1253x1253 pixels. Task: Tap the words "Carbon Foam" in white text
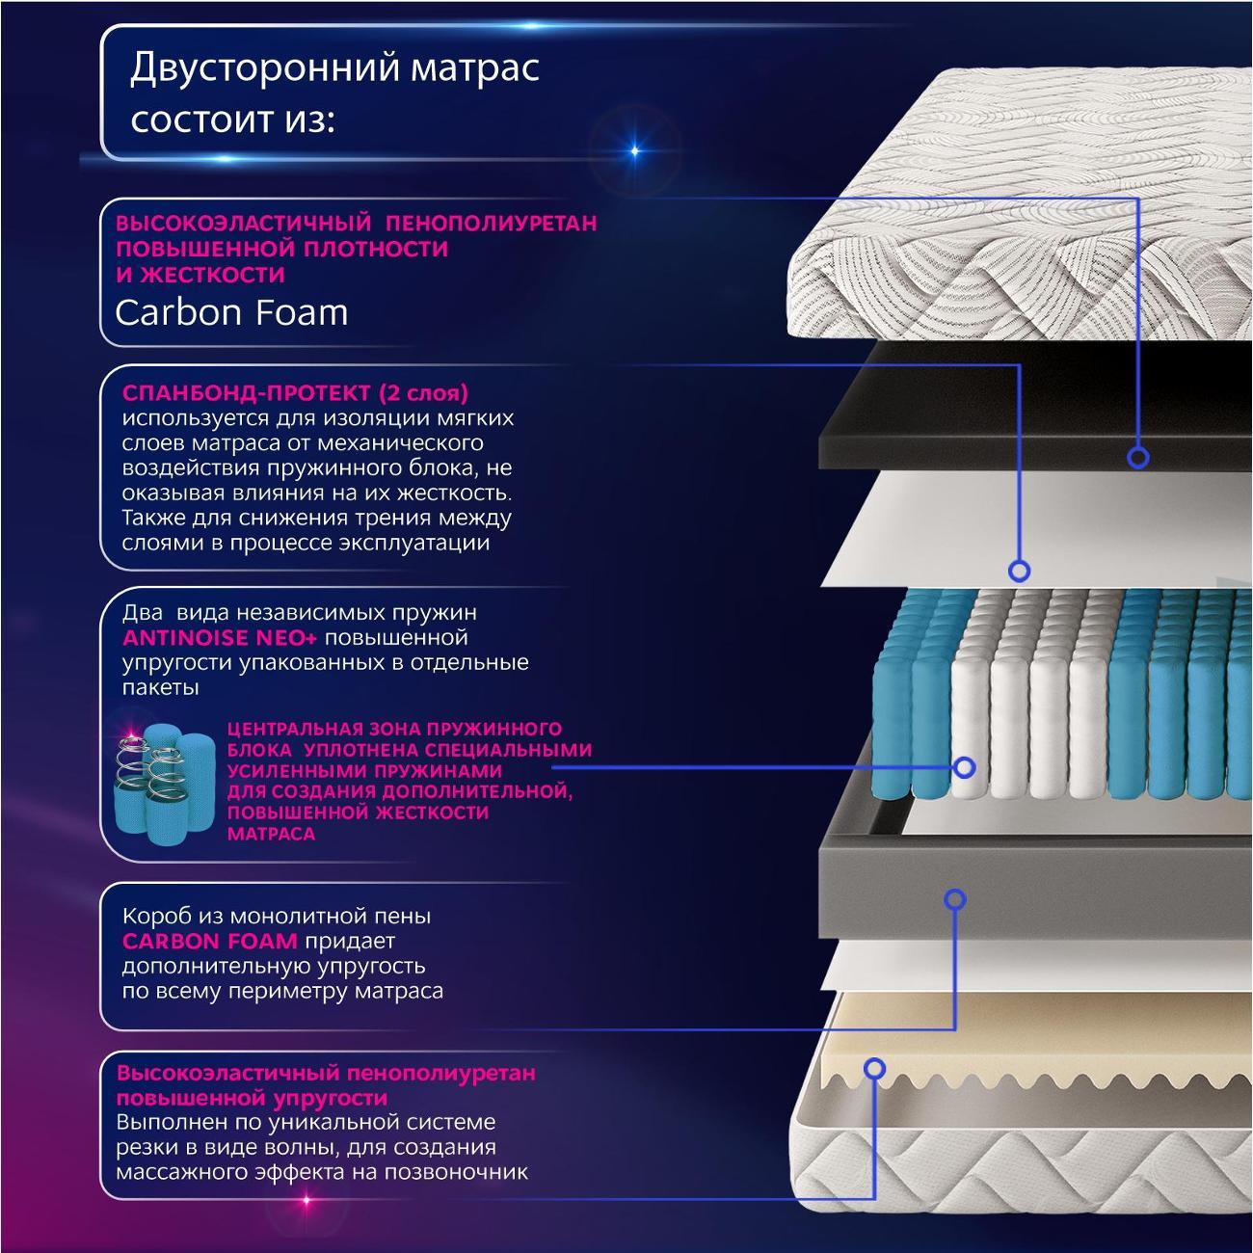click(231, 312)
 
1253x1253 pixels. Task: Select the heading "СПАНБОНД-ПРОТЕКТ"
click(246, 393)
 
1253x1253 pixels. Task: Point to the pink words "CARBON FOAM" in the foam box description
click(209, 941)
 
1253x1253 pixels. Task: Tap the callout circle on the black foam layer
click(1138, 457)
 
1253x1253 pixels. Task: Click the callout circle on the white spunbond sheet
click(1019, 570)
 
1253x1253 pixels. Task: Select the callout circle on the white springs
click(964, 767)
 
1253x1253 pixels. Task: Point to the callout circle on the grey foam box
click(954, 899)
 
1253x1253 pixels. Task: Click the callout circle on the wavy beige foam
click(874, 1068)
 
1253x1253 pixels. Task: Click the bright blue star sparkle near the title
click(634, 150)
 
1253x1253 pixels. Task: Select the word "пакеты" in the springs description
click(161, 688)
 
